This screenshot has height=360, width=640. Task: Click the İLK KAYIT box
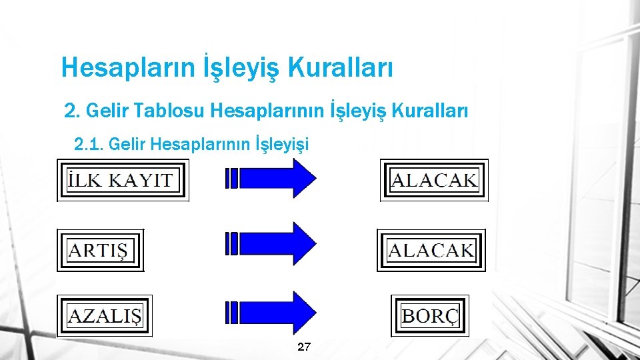tap(123, 180)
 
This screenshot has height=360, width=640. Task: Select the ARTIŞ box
tap(101, 251)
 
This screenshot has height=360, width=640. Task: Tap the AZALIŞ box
tap(105, 315)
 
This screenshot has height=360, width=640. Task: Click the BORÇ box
tap(430, 315)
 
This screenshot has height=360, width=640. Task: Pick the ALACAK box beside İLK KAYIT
tap(434, 180)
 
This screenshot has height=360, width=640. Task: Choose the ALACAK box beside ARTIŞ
tap(431, 251)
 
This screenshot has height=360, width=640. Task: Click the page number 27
tap(304, 347)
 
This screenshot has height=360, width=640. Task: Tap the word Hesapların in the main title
tap(127, 67)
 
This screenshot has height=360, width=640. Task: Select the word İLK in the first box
tap(85, 180)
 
